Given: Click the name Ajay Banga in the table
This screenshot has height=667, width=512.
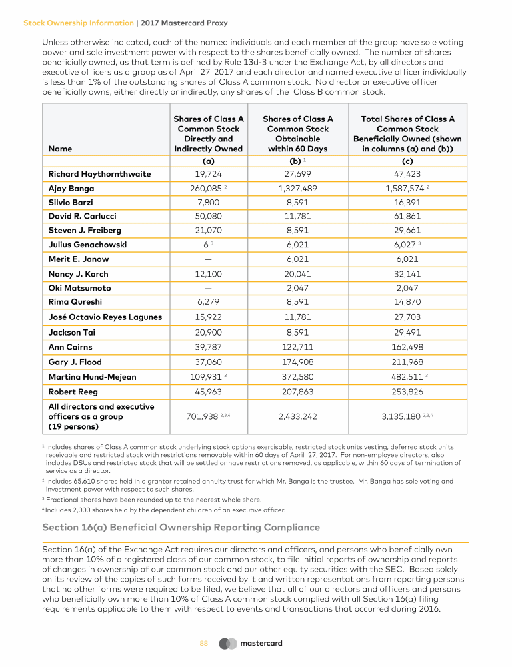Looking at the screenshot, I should coord(71,189).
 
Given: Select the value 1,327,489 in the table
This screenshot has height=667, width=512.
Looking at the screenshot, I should coord(297,189).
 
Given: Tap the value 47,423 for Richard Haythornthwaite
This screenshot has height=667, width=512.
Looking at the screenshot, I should coord(407,174).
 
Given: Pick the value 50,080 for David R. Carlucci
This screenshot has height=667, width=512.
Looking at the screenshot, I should coord(208,217).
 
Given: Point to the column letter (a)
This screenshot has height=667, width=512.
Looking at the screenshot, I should coord(208,160).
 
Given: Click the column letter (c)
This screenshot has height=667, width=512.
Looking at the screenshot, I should coord(407,160).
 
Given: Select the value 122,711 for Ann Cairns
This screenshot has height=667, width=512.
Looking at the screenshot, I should coord(297,347).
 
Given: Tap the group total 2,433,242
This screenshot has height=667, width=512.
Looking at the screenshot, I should coord(297,416).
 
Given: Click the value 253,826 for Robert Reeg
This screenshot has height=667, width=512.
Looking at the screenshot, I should coord(407,391).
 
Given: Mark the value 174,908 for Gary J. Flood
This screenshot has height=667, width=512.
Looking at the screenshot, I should coord(297,362).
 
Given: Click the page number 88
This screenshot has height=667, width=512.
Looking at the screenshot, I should coord(204,644).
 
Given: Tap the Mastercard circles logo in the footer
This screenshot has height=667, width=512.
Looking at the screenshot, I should coord(228,644).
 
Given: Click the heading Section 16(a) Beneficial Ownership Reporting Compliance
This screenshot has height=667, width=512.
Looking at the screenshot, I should coord(181,527).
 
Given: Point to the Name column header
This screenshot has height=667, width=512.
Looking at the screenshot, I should coord(60,149).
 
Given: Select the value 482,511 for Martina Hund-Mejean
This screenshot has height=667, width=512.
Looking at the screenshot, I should coord(405,377).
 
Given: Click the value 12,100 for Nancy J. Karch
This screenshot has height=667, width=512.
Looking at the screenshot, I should coord(208,274).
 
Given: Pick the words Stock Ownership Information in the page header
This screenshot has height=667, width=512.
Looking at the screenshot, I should coord(78,23).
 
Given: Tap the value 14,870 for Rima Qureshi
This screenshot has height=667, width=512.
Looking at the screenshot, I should coord(407,302).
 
